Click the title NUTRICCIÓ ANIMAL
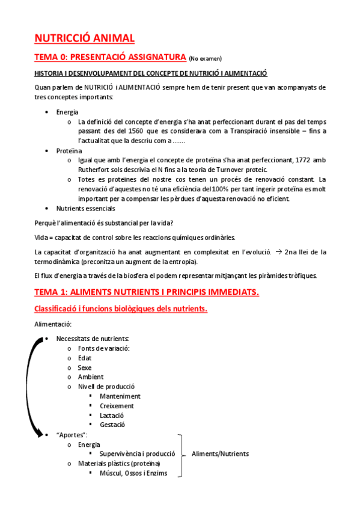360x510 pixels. pos(84,38)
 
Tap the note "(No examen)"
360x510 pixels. pos(205,59)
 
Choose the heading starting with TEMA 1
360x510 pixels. pos(147,292)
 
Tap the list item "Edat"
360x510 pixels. pos(85,358)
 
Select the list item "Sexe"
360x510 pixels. pos(85,367)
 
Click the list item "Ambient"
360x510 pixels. pos(90,377)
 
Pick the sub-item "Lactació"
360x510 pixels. pos(112,416)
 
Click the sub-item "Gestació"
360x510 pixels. pos(112,425)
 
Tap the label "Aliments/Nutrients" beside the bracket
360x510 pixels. pos(220,454)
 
